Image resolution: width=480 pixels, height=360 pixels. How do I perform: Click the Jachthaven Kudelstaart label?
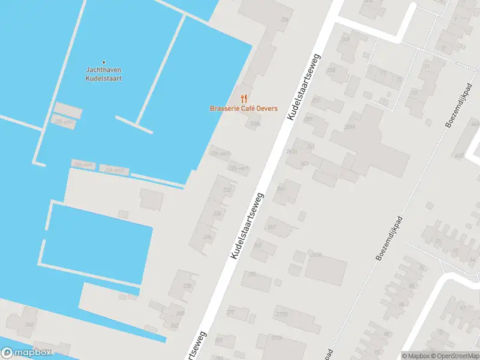coord(103,74)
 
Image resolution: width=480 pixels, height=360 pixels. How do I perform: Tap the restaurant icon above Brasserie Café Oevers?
coord(244,98)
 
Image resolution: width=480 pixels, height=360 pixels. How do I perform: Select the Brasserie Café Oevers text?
coord(243,109)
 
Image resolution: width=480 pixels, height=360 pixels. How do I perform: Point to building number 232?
coord(227,190)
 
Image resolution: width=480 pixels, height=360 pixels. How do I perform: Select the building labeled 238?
coord(187,286)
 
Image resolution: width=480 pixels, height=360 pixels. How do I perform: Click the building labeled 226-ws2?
coord(220,154)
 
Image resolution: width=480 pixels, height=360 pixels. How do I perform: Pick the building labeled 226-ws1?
coord(238,169)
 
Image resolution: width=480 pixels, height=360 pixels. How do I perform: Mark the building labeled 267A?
coord(316,255)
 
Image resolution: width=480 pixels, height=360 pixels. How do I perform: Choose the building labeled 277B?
coord(282,314)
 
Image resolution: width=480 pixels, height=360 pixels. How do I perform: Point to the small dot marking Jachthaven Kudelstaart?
coord(103,62)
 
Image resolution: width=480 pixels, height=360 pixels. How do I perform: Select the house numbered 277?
coord(230,313)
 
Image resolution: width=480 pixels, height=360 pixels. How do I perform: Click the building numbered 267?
coord(272,227)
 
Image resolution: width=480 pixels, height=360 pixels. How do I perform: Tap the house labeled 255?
coord(331,70)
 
